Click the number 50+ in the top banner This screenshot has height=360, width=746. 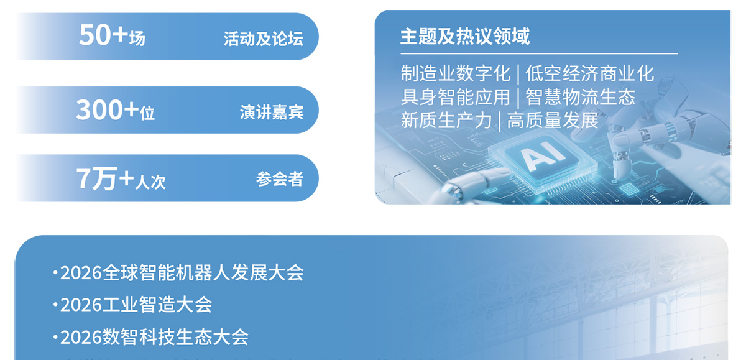pyautogui.click(x=103, y=35)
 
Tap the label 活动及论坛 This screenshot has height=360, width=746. pyautogui.click(x=264, y=39)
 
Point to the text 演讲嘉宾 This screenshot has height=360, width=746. pyautogui.click(x=272, y=112)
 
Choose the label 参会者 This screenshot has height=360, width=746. pyautogui.click(x=280, y=179)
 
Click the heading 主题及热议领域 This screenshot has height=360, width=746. pyautogui.click(x=464, y=36)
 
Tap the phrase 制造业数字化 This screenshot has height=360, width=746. pyautogui.click(x=456, y=74)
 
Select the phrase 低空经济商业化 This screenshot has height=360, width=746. pyautogui.click(x=589, y=74)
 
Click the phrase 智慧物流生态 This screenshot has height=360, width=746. pyautogui.click(x=581, y=97)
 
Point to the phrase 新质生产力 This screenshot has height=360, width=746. pyautogui.click(x=446, y=120)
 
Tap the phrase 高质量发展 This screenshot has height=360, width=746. pyautogui.click(x=553, y=120)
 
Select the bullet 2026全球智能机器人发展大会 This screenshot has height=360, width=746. pyautogui.click(x=180, y=272)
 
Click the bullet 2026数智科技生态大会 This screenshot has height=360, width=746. pyautogui.click(x=153, y=337)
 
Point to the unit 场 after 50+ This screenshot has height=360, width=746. pyautogui.click(x=137, y=39)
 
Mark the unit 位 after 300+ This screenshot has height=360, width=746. pyautogui.click(x=147, y=113)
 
